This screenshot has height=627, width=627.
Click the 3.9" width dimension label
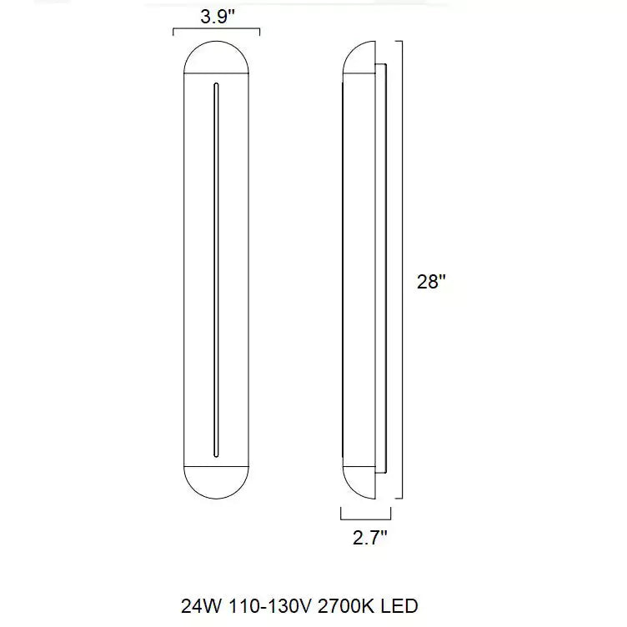coord(217,17)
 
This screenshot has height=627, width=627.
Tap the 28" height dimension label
coord(431,282)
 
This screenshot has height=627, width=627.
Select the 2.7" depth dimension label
coord(370,538)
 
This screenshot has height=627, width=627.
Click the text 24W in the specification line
coord(201,606)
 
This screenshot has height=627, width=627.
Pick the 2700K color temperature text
coord(346,606)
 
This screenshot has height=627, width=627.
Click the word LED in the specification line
coord(399,606)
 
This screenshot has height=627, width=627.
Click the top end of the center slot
coord(216,84)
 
